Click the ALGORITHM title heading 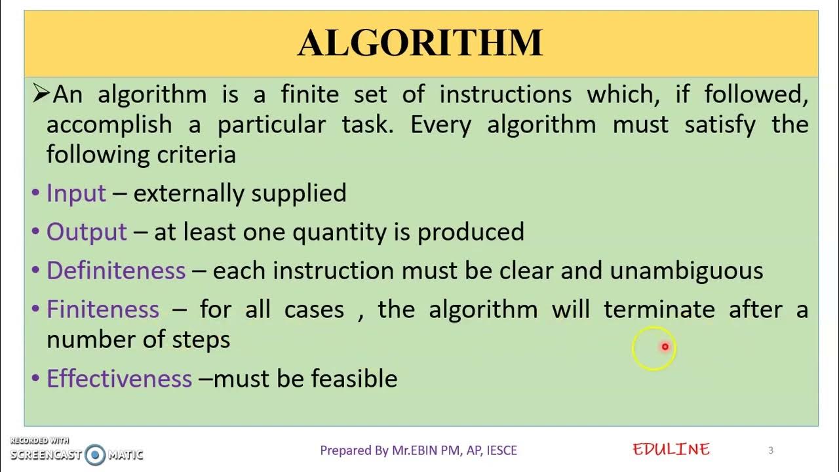(x=420, y=44)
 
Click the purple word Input (x=76, y=193)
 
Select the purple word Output (x=87, y=231)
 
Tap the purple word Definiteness (x=116, y=270)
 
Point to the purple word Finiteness (x=103, y=309)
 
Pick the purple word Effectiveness (x=119, y=378)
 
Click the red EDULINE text (x=671, y=449)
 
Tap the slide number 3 (x=771, y=450)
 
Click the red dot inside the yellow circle (x=665, y=347)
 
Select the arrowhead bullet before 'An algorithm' (x=41, y=94)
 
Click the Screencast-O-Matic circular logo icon (x=95, y=454)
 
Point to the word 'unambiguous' (x=686, y=270)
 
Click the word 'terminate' (x=659, y=309)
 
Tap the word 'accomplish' (x=109, y=125)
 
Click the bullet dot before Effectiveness (x=35, y=378)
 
